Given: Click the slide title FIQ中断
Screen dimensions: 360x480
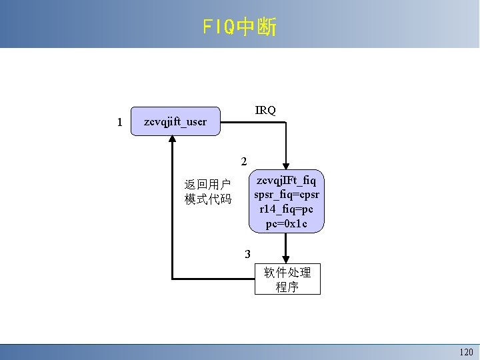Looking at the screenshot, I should [x=239, y=27].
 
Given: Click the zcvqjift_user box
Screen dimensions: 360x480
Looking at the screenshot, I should [x=175, y=121].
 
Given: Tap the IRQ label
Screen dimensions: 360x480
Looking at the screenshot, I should [x=265, y=110].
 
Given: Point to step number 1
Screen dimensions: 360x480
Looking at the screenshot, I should [x=119, y=122].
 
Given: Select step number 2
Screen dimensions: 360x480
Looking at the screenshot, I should [x=244, y=161].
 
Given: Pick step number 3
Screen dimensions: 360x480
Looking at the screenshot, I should [x=247, y=254].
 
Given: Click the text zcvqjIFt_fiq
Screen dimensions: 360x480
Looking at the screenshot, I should [x=287, y=180].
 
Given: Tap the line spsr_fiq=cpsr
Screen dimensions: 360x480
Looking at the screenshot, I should [x=287, y=195].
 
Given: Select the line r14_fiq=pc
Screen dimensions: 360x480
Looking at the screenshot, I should [x=287, y=209].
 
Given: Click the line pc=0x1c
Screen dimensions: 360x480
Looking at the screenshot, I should [x=287, y=223].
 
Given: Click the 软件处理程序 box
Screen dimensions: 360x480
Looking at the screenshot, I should [x=287, y=279].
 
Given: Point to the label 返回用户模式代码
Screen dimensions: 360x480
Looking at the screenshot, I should [x=208, y=191].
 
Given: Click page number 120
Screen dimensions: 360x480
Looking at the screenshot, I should [x=465, y=351].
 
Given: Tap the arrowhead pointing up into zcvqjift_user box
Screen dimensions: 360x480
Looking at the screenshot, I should [x=172, y=140].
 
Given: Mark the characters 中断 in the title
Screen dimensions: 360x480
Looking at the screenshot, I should [x=256, y=27].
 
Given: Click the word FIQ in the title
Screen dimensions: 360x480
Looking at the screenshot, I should [x=219, y=27].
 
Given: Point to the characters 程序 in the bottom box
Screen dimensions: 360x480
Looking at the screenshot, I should [x=287, y=287].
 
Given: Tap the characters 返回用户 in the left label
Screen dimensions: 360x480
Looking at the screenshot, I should [x=208, y=184].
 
